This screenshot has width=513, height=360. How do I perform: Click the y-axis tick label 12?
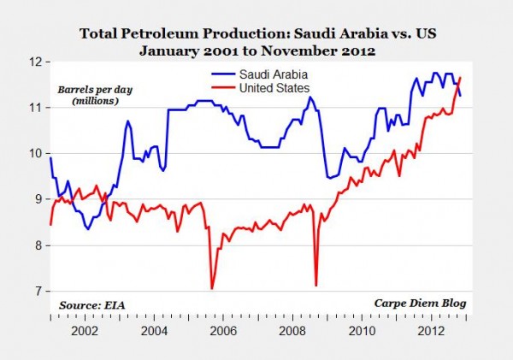[x=35, y=62]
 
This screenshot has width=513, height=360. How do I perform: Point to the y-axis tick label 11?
[x=35, y=108]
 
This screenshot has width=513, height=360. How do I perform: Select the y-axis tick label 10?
[x=35, y=154]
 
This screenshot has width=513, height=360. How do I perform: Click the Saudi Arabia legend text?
[x=275, y=74]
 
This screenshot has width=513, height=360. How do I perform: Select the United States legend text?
[x=279, y=87]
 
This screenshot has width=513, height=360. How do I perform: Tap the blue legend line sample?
[x=223, y=74]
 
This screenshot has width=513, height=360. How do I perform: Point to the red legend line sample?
[x=223, y=87]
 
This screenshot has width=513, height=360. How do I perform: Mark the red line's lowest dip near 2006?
[x=211, y=288]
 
